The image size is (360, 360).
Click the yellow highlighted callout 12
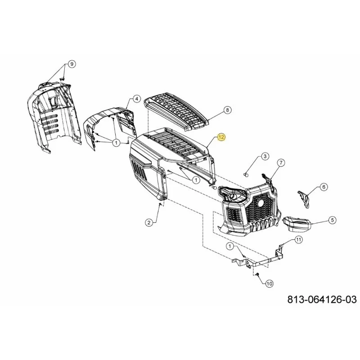click(221, 137)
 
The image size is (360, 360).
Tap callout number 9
click(72, 64)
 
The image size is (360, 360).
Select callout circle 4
click(137, 99)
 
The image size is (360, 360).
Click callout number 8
click(227, 110)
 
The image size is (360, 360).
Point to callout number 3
click(265, 156)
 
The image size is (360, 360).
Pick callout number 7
click(281, 163)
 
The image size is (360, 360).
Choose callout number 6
click(324, 187)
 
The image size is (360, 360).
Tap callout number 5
click(332, 220)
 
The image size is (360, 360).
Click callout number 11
click(298, 240)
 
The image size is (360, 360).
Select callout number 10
click(269, 284)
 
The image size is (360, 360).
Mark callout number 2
click(149, 222)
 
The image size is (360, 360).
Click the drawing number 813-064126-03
click(322, 299)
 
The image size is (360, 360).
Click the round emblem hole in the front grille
click(261, 203)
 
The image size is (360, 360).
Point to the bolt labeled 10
click(257, 274)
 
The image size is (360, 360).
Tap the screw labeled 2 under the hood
click(160, 204)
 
